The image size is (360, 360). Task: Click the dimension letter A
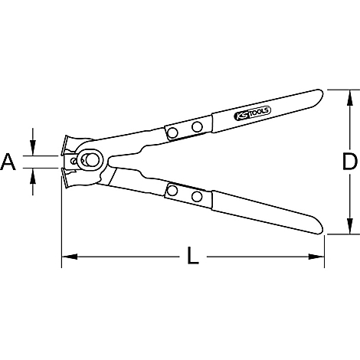(8, 162)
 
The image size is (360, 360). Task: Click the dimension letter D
(350, 162)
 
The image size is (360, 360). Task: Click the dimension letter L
(193, 255)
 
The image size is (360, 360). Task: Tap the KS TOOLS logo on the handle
(252, 113)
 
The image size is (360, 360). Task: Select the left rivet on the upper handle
(173, 133)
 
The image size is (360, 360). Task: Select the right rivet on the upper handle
(197, 126)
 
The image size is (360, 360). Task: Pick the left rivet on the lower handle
(173, 191)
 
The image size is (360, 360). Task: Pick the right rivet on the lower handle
(197, 196)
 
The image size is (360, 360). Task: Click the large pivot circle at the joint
(91, 160)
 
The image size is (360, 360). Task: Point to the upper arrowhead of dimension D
(350, 97)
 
